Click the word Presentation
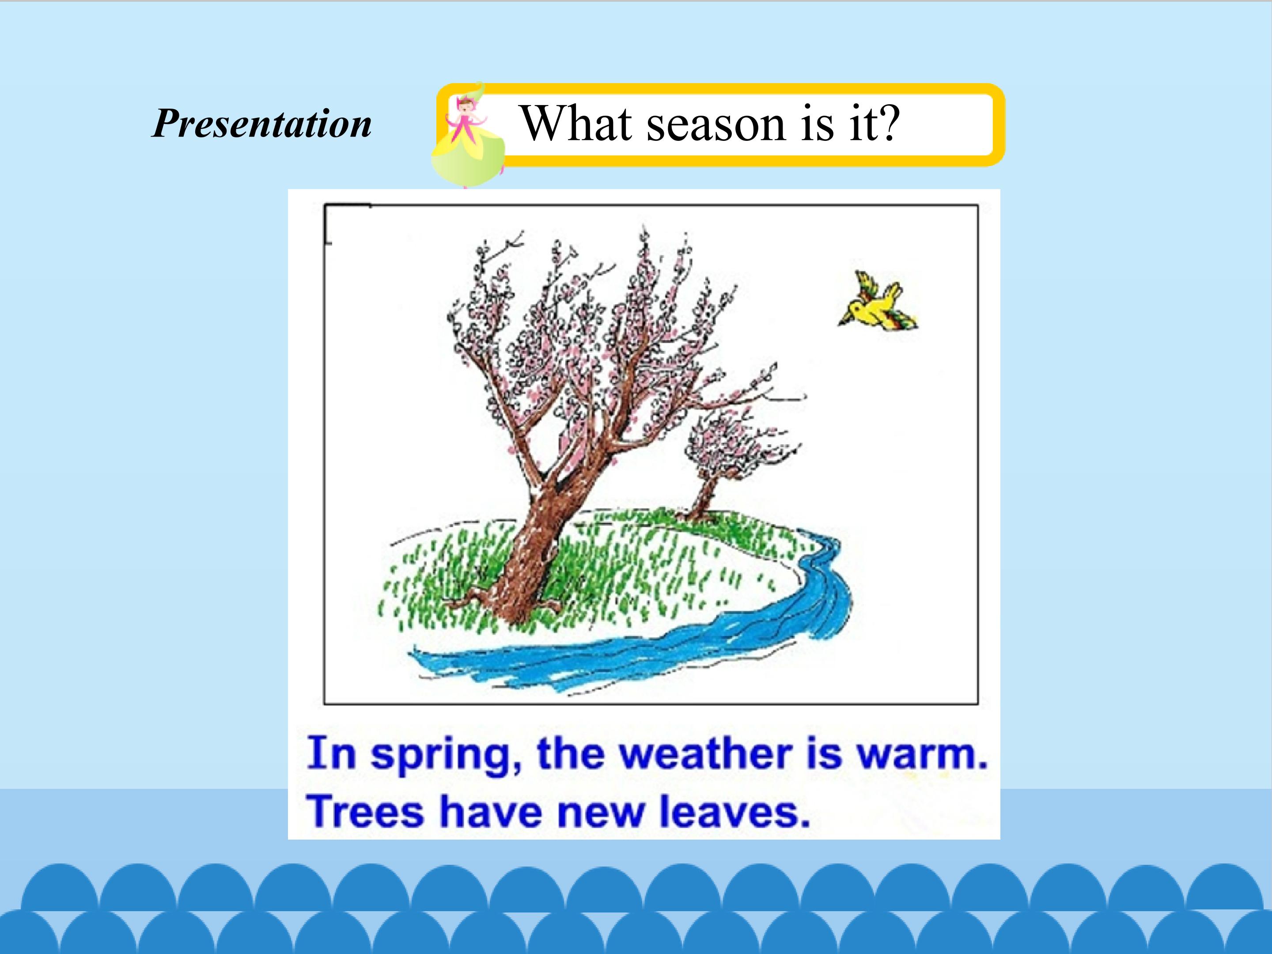(261, 124)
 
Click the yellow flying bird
(878, 302)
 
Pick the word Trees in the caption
(366, 811)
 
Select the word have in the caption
(491, 811)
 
